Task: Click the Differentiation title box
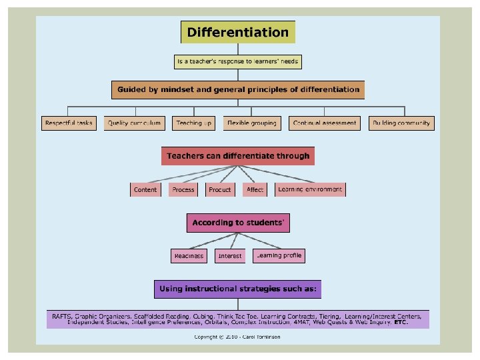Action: coord(238,32)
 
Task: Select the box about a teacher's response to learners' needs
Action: coord(238,61)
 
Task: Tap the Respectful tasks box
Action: coord(69,123)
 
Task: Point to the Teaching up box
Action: coord(193,123)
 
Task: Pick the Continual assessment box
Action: coord(325,123)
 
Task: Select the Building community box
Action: coord(401,123)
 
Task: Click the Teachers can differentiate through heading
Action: coord(238,156)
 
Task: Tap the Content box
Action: coord(145,189)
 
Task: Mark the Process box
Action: coord(183,189)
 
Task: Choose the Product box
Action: coord(220,189)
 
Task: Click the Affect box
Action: coord(255,189)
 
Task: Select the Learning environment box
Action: coord(310,189)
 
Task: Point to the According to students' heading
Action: coord(238,223)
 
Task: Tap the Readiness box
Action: coord(189,256)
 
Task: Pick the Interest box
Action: coord(230,256)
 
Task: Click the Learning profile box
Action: coord(279,255)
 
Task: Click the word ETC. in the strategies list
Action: coord(401,323)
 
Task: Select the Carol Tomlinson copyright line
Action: coord(237,337)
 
